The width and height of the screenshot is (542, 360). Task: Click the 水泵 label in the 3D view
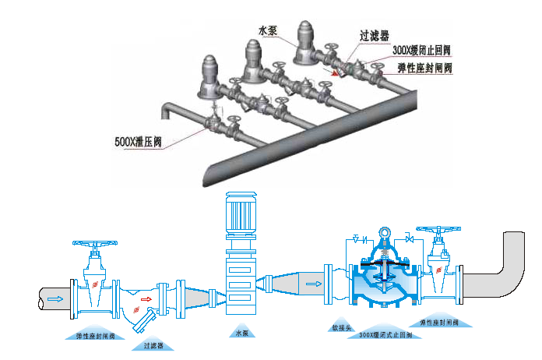click(x=267, y=30)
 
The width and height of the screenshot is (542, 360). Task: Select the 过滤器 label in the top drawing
click(x=374, y=36)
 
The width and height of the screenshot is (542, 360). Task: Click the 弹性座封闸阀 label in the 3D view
click(x=424, y=68)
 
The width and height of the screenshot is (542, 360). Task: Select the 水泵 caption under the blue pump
click(x=241, y=334)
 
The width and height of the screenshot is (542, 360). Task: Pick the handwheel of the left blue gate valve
click(x=94, y=245)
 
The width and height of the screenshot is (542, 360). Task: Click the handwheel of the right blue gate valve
click(x=437, y=231)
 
